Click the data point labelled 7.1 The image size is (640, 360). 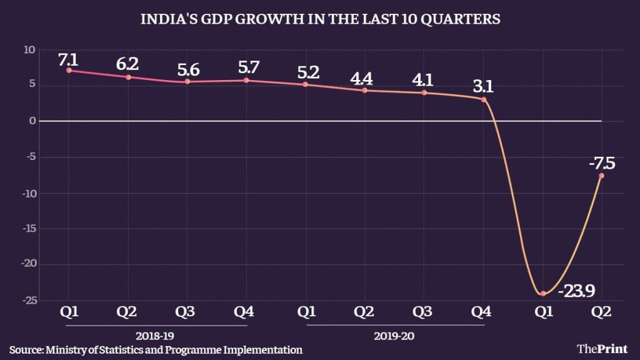69,70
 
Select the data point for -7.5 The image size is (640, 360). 601,176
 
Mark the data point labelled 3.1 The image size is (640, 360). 484,99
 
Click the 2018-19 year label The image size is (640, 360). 157,336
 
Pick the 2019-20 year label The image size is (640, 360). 395,336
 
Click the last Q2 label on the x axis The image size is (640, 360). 601,311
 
